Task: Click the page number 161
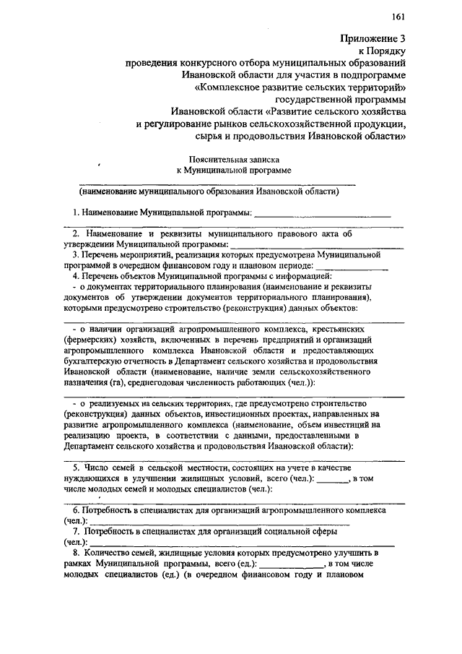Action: [398, 16]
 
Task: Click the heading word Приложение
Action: [362, 38]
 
